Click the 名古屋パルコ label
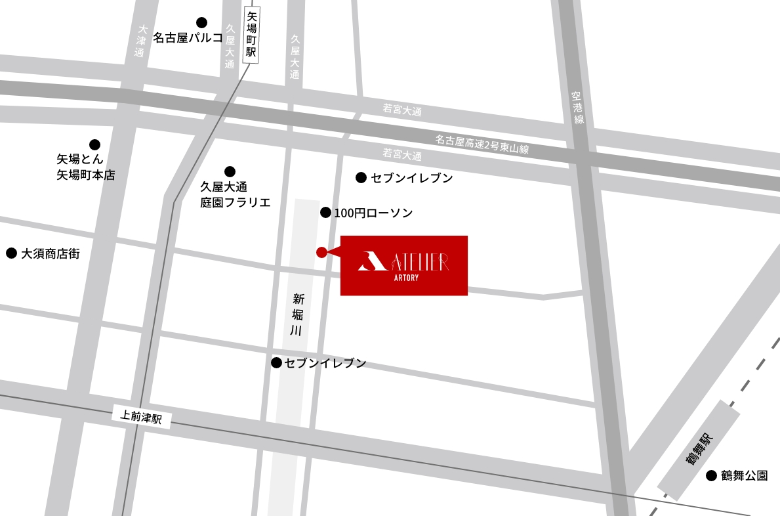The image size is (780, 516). (188, 38)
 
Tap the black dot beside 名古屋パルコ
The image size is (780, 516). (201, 23)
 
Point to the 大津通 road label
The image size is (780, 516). (140, 41)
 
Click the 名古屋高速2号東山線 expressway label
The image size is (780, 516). (482, 144)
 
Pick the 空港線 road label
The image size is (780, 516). (577, 108)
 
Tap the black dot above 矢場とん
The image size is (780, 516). (95, 144)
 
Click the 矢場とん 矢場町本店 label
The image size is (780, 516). (85, 167)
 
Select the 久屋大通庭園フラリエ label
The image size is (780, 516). (235, 195)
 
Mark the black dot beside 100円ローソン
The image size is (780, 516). (325, 212)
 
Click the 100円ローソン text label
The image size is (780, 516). (373, 213)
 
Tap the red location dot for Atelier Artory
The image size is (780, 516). (321, 252)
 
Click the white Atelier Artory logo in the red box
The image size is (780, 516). (403, 265)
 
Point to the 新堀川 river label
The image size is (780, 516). (296, 314)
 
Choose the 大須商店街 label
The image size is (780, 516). (51, 253)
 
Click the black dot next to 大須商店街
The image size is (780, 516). (11, 253)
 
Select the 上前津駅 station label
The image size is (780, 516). (142, 417)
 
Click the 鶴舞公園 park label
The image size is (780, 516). (744, 476)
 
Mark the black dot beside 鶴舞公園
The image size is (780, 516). (711, 476)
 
